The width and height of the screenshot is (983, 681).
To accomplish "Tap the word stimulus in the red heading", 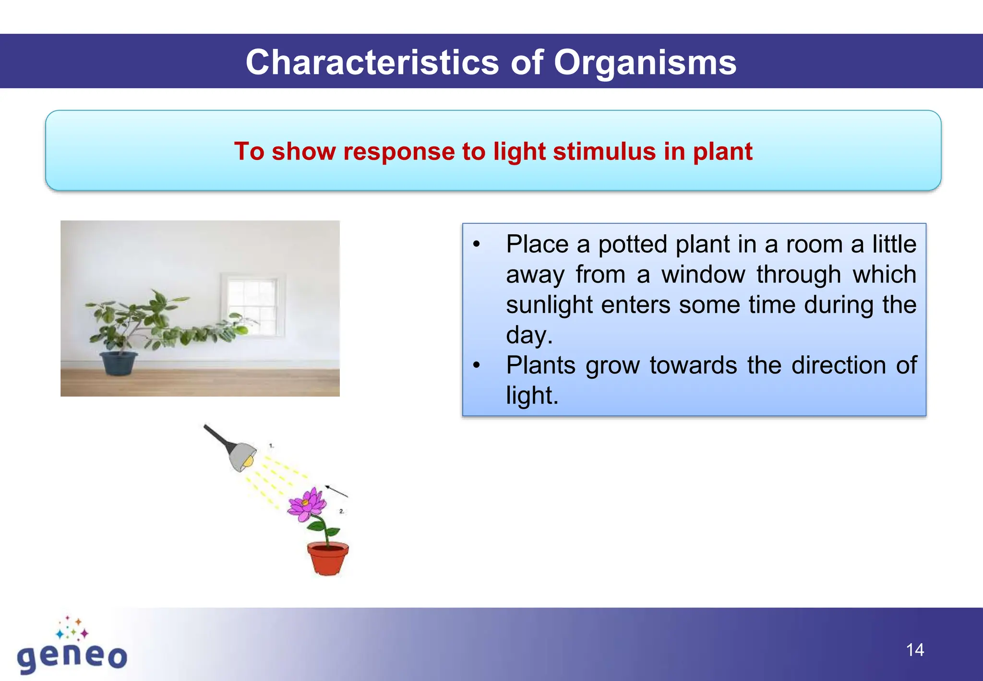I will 605,151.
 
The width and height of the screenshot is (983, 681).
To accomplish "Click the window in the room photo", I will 253,304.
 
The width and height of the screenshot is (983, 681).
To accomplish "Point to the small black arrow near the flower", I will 336,491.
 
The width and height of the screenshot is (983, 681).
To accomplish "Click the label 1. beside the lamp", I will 271,446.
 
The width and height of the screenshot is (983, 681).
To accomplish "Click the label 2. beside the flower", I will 342,511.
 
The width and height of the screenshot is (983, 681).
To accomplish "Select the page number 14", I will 915,650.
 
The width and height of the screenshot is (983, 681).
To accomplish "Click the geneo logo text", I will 72,657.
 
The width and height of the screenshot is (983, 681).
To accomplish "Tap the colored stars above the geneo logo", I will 72,628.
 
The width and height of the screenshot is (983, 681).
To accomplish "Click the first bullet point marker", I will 476,244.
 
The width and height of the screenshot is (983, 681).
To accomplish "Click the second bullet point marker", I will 476,365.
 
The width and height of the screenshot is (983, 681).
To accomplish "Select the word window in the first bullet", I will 703,275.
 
